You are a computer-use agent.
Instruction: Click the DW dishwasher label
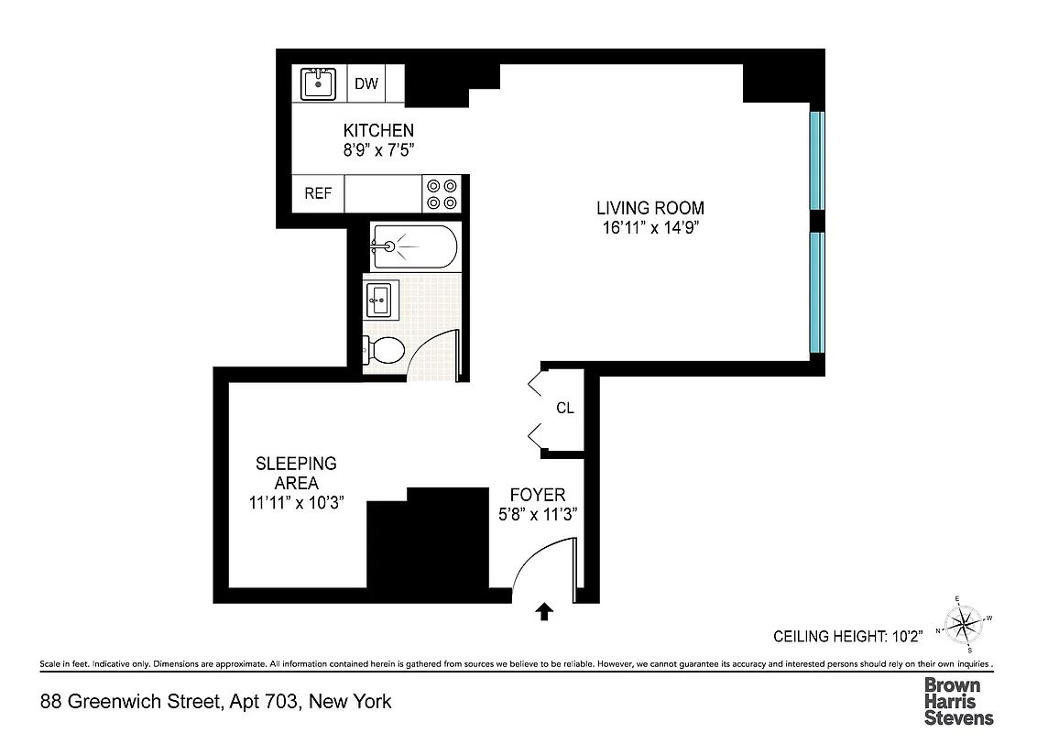(366, 83)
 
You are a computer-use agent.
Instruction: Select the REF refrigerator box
(318, 194)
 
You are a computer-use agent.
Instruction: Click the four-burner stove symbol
(442, 194)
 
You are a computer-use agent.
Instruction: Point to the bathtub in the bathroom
(412, 246)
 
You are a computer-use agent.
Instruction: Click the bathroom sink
(379, 299)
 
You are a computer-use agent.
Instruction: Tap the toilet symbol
(384, 349)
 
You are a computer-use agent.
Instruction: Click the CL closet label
(565, 408)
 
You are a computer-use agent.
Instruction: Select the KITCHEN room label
(378, 131)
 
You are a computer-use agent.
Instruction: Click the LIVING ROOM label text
(650, 208)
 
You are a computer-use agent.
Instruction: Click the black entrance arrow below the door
(544, 611)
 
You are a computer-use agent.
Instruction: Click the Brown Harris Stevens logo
(958, 701)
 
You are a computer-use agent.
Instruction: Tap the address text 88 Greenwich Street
(131, 702)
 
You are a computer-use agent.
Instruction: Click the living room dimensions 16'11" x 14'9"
(650, 227)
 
